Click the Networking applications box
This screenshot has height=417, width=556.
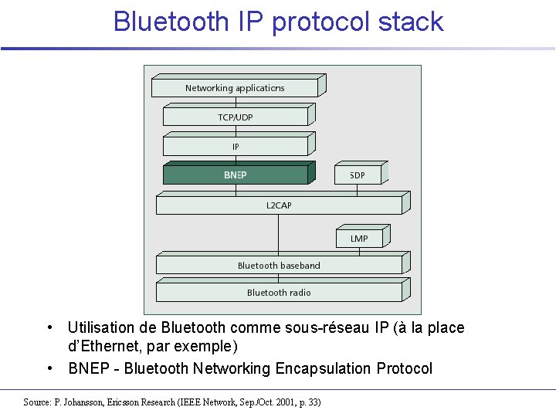(235, 88)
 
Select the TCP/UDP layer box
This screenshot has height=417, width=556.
(235, 117)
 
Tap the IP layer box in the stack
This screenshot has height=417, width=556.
(235, 146)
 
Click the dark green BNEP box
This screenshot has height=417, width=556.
(235, 175)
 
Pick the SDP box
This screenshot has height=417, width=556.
(358, 175)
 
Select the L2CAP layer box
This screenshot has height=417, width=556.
(279, 205)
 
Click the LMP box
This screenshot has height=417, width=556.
(359, 239)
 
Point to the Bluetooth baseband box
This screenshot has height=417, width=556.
(279, 266)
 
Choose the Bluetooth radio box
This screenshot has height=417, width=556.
(279, 293)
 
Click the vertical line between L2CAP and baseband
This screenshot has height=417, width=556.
(279, 234)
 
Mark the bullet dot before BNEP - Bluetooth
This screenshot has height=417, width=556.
(49, 368)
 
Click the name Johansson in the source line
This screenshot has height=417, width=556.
(85, 402)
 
